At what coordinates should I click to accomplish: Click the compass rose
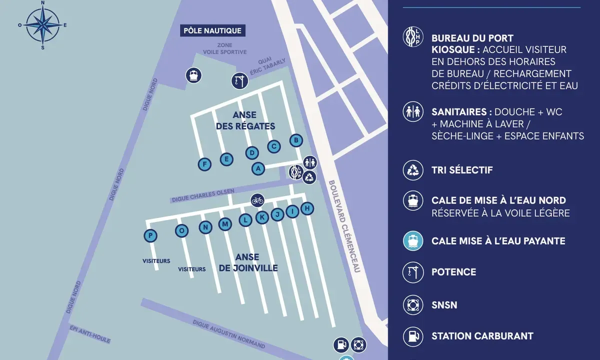pos(42,24)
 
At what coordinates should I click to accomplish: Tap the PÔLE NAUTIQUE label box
pos(212,30)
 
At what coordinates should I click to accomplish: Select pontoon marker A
pos(258,168)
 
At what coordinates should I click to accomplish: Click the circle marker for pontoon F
pos(204,163)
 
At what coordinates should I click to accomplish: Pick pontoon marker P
pos(150,235)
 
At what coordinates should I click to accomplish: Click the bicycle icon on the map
pos(257,200)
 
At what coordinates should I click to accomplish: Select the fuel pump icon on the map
pos(341,344)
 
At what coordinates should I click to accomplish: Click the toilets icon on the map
pos(310,161)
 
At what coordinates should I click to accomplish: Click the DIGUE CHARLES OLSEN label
pos(202,195)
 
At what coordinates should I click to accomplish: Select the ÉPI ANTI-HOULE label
pos(90,334)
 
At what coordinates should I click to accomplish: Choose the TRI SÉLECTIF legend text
pos(462,170)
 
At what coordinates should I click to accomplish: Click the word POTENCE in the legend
pos(453,272)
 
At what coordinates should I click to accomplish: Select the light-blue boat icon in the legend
pos(413,241)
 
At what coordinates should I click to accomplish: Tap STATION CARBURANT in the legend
pos(482,336)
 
